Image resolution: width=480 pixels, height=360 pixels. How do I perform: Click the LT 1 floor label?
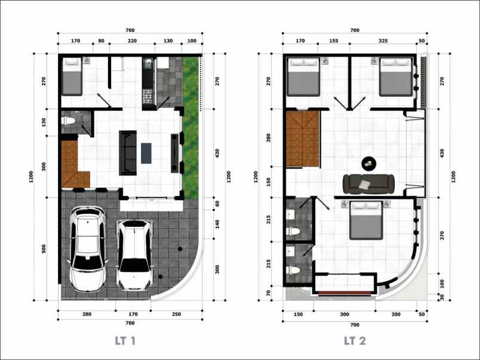[x=125, y=341]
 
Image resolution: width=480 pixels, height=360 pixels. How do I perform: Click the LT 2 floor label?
[x=355, y=341]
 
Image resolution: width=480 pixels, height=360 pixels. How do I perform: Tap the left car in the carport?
[x=88, y=249]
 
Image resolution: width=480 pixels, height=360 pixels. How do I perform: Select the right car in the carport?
[x=135, y=255]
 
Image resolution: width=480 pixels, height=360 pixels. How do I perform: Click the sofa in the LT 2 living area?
[x=368, y=184]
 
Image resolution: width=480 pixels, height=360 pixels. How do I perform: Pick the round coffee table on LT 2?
[x=369, y=164]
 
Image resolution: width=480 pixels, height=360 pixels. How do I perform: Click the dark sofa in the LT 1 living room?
[x=128, y=153]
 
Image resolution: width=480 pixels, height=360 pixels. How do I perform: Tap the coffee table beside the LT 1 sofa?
[x=146, y=153]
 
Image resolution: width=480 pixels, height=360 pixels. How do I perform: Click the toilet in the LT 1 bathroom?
[x=68, y=121]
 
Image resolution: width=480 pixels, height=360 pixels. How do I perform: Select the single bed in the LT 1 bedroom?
[x=72, y=76]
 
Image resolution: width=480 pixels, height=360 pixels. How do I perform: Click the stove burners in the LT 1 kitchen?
[x=147, y=96]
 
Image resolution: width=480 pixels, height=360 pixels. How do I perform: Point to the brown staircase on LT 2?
[x=303, y=139]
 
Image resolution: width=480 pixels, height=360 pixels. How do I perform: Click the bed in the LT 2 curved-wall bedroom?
[x=366, y=220]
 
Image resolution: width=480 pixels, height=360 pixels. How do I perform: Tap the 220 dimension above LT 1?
[x=133, y=41]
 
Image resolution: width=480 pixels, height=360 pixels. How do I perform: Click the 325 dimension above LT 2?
[x=383, y=41]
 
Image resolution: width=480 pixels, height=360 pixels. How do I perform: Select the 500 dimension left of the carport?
[x=44, y=248]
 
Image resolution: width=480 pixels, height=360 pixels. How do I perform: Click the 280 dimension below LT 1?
[x=87, y=314]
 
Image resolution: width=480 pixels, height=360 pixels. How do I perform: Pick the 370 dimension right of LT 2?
[x=442, y=236]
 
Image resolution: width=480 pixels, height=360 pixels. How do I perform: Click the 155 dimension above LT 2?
[x=334, y=41]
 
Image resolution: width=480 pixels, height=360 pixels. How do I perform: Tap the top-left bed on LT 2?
[x=303, y=77]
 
